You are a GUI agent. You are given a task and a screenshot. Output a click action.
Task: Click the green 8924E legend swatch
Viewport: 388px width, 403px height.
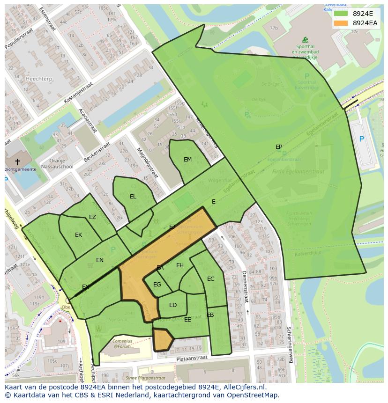340,14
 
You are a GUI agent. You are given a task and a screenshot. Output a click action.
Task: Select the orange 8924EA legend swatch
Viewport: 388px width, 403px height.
340,23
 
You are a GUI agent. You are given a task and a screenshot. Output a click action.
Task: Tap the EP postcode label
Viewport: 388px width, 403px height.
279,147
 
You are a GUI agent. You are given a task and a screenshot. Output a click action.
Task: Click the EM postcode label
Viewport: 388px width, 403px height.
187,160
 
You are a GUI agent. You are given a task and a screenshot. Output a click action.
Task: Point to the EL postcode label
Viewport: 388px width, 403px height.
133,197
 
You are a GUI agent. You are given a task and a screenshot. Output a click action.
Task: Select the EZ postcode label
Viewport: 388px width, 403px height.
92,217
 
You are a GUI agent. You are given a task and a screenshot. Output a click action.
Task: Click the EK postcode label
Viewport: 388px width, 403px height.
78,235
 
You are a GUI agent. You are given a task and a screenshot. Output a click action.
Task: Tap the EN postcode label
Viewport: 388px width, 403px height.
100,260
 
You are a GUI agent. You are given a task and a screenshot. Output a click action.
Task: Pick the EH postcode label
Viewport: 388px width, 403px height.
180,265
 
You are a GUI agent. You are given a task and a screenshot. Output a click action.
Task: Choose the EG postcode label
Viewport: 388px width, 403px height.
157,285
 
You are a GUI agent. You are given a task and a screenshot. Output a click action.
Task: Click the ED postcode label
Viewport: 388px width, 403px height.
173,305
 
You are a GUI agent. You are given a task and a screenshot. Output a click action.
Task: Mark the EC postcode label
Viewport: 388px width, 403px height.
210,279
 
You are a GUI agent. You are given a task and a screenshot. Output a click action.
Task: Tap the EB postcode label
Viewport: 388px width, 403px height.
210,315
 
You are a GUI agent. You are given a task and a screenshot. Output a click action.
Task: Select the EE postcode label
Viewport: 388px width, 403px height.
187,320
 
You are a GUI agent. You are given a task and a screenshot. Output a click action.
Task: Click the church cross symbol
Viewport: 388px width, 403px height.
17,161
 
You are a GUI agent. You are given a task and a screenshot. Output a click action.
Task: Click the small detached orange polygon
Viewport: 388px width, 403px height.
163,339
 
